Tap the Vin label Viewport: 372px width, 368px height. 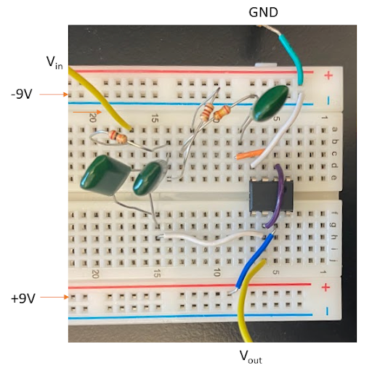54,64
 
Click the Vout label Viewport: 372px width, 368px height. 250,356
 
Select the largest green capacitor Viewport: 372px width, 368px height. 105,179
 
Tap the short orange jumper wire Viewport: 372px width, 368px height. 249,153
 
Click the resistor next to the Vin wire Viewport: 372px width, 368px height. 117,136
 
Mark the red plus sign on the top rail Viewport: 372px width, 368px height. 328,75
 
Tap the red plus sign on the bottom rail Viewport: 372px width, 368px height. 325,287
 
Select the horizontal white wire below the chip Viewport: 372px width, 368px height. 211,238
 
